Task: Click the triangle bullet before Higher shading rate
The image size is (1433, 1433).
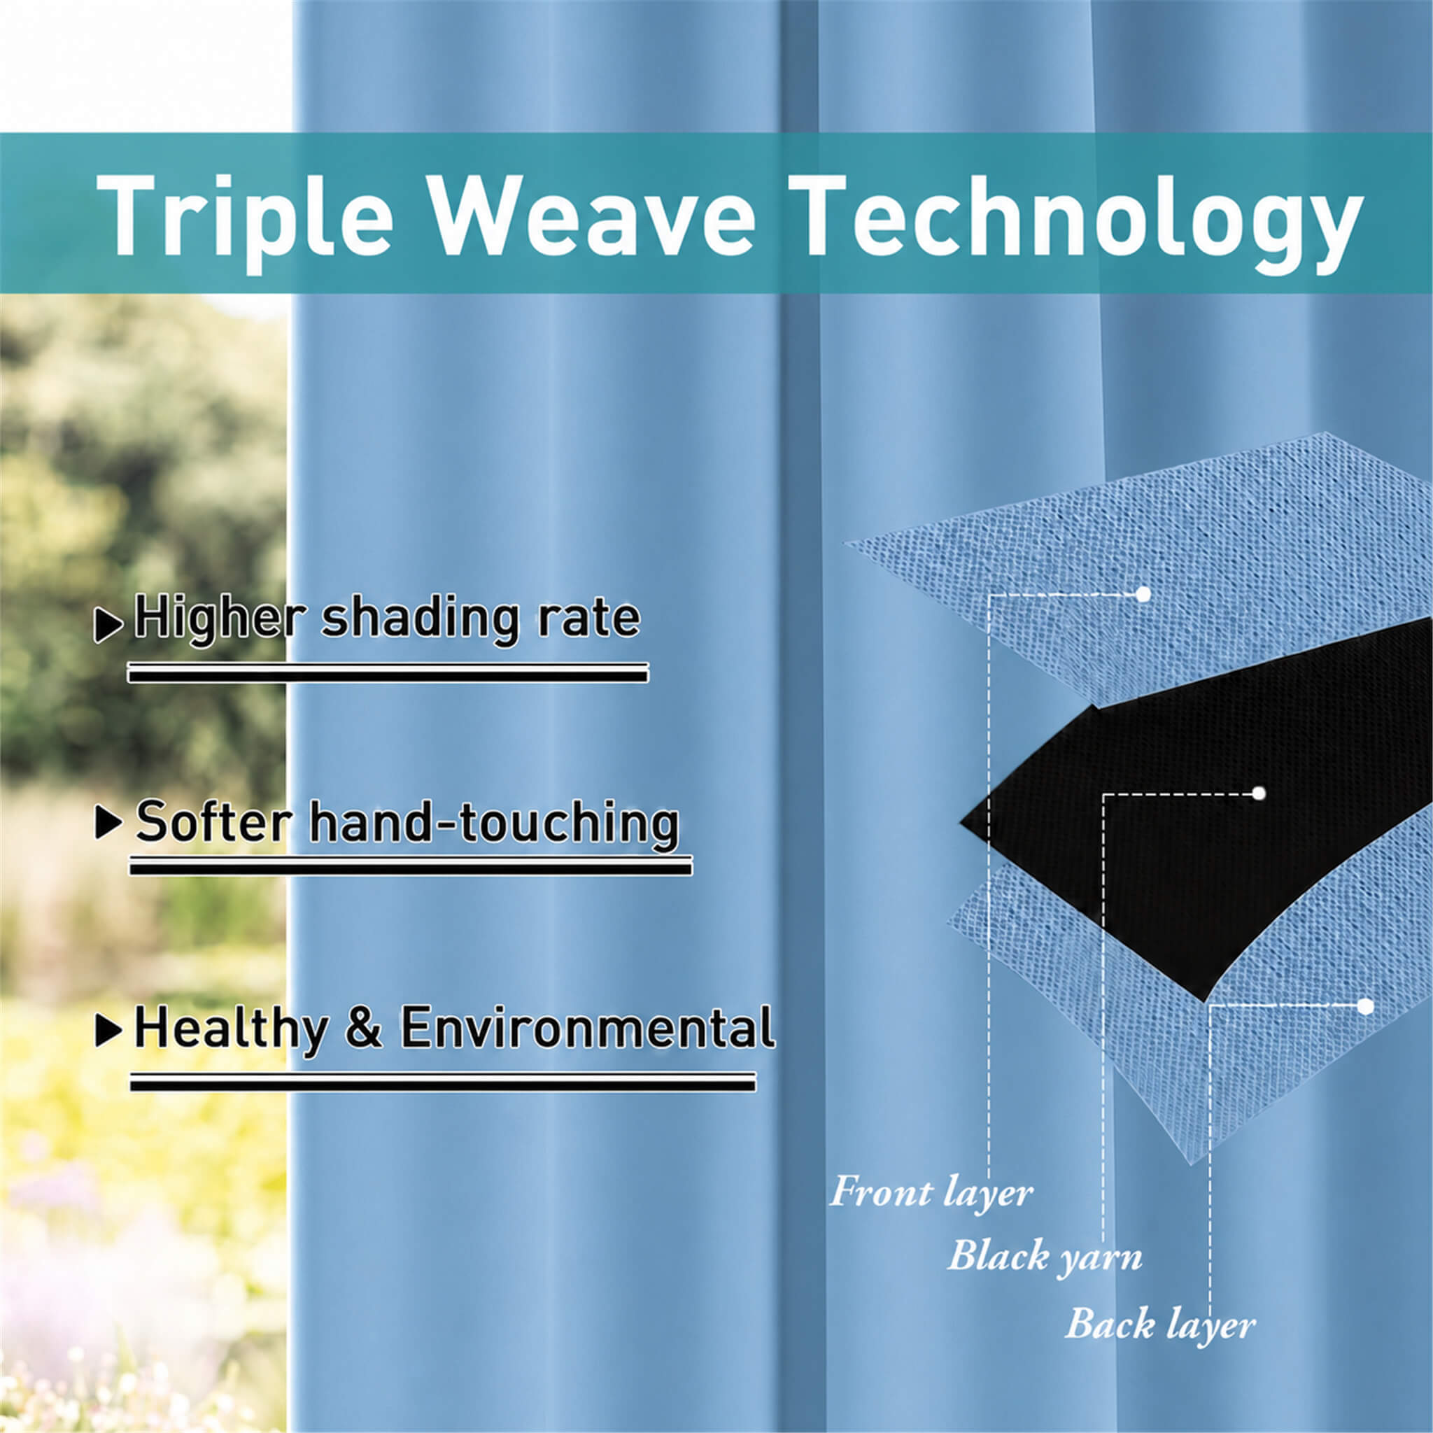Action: click(x=108, y=626)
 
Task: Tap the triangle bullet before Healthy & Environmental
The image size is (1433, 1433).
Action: click(x=109, y=1030)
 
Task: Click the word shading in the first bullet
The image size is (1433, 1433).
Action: click(x=420, y=619)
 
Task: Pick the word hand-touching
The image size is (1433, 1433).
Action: click(x=494, y=824)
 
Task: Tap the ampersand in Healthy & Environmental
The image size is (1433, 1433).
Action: click(x=363, y=1029)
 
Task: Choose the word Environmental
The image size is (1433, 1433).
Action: click(x=588, y=1027)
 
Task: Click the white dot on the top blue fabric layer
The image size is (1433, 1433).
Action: click(x=1143, y=594)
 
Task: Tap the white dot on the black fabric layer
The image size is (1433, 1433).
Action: click(x=1258, y=793)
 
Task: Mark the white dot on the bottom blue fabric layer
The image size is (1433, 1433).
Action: click(x=1366, y=1006)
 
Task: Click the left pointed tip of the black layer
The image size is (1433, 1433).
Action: click(x=961, y=822)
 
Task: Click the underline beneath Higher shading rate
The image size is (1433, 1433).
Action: click(x=388, y=672)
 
